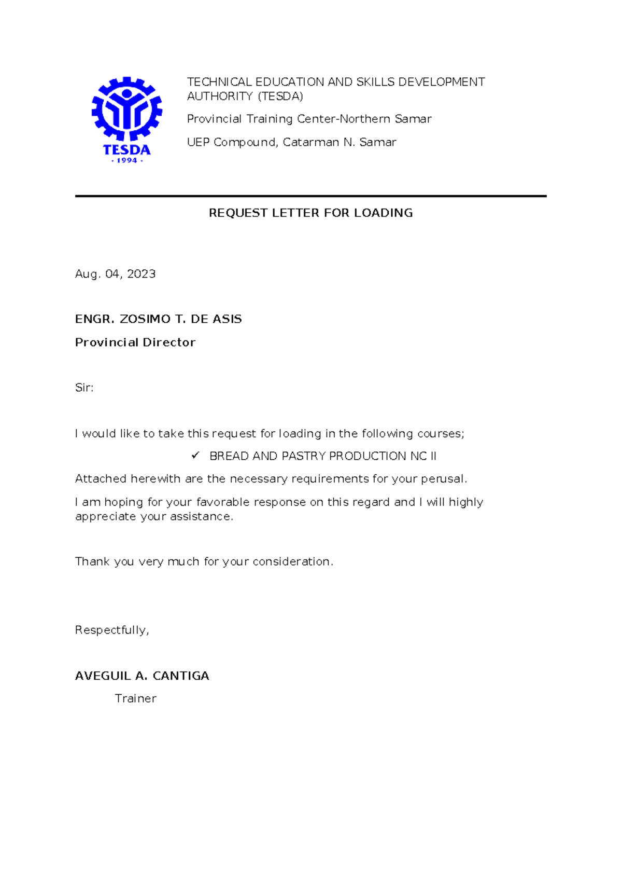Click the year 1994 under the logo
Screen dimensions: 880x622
(x=127, y=161)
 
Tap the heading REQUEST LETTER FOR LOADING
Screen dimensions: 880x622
(x=310, y=213)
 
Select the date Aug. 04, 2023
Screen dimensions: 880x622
(x=115, y=274)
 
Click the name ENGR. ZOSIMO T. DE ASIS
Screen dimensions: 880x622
(x=158, y=319)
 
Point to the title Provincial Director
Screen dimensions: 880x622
(x=135, y=342)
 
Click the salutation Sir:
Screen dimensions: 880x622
(x=84, y=388)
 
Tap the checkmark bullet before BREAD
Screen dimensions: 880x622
(x=195, y=456)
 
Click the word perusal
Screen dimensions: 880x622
(x=443, y=479)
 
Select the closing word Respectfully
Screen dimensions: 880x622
(x=111, y=630)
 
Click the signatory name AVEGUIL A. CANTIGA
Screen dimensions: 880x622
(x=142, y=676)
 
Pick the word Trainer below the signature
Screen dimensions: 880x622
(x=135, y=698)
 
